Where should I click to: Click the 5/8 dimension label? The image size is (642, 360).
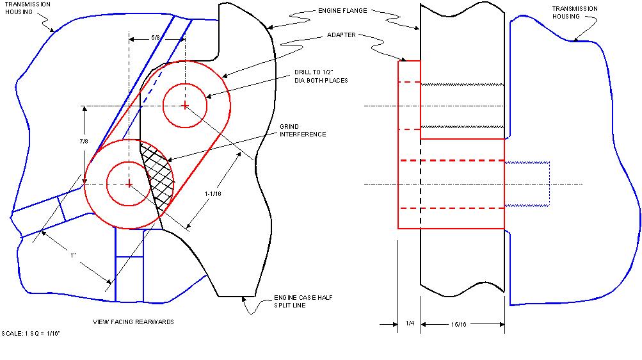156,38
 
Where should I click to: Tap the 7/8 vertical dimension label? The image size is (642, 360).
83,142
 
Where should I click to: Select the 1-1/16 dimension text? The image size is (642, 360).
213,193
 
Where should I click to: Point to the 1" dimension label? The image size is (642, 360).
74,255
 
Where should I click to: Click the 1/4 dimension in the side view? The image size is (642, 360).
410,323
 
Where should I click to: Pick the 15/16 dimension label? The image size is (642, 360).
458,324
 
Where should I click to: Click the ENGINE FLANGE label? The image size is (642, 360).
342,11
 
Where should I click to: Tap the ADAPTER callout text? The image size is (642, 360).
341,35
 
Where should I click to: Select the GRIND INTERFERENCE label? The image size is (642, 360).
303,130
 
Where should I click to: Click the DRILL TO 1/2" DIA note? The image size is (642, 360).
321,76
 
